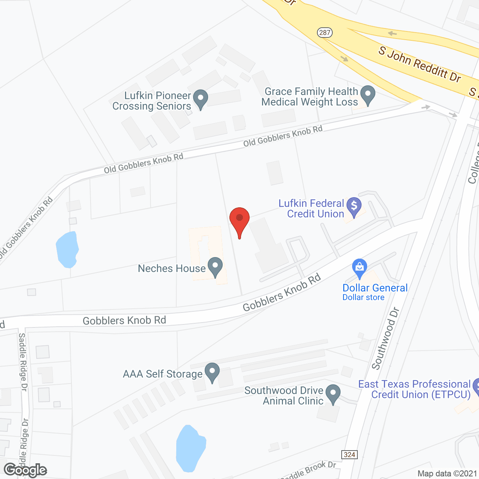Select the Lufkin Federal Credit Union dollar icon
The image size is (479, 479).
pyautogui.click(x=354, y=207)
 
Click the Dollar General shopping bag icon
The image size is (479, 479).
pyautogui.click(x=359, y=268)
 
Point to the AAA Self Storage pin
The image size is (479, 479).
pyautogui.click(x=212, y=372)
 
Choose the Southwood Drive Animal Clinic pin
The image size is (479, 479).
pyautogui.click(x=333, y=394)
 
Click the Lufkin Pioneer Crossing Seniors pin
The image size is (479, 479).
pyautogui.click(x=201, y=99)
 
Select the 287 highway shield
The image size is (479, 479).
pyautogui.click(x=324, y=33)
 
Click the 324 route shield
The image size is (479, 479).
pyautogui.click(x=350, y=454)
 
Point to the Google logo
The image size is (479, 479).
pyautogui.click(x=25, y=470)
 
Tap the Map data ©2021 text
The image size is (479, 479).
pyautogui.click(x=447, y=474)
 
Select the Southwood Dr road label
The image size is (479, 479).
pyautogui.click(x=385, y=339)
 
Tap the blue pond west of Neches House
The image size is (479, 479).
pyautogui.click(x=67, y=249)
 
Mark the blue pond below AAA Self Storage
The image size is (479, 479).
pyautogui.click(x=190, y=448)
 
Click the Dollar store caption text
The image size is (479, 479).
pyautogui.click(x=363, y=298)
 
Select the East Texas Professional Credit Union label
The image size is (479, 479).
pyautogui.click(x=414, y=389)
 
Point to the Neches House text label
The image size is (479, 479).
pyautogui.click(x=172, y=268)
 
